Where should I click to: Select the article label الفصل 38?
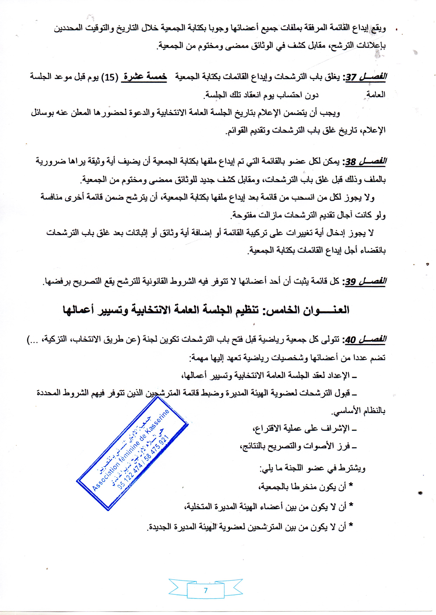pyautogui.click(x=365, y=162)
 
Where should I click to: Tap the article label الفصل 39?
pyautogui.click(x=365, y=282)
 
